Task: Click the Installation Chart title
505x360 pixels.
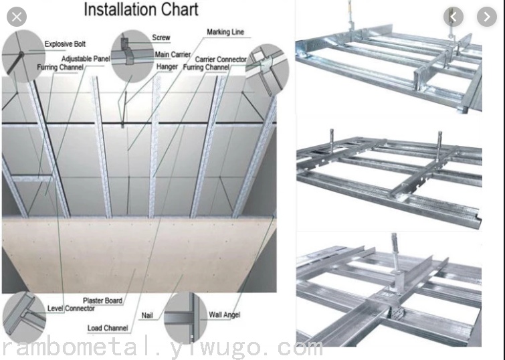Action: [x=141, y=9]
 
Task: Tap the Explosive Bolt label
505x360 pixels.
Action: [x=65, y=44]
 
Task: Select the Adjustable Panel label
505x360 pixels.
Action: [x=86, y=59]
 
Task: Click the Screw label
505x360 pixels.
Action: [x=161, y=37]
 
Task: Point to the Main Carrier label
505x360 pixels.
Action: [x=173, y=54]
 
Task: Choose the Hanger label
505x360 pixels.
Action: [x=167, y=67]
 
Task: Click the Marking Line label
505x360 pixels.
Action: [x=225, y=32]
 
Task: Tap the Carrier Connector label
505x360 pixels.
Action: [x=221, y=60]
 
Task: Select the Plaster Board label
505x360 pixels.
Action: [x=103, y=300]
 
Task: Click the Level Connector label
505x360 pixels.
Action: [x=71, y=308]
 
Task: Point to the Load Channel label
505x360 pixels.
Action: [x=108, y=328]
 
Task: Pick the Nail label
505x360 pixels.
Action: [x=147, y=316]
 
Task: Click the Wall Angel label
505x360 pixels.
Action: [x=225, y=315]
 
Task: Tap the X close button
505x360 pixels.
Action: [x=17, y=17]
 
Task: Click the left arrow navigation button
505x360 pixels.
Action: [x=453, y=17]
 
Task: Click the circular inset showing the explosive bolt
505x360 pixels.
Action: [x=23, y=56]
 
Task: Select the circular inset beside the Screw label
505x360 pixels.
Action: [x=132, y=56]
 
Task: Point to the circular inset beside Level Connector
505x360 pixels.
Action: [x=24, y=317]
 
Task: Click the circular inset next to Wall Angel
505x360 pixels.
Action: [x=185, y=318]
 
